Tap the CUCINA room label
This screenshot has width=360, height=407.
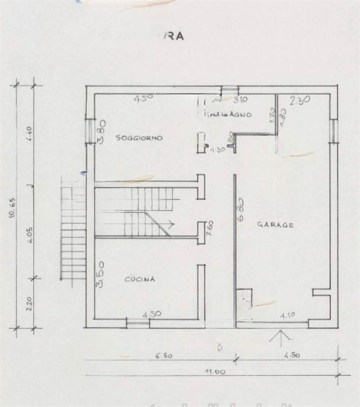click(x=140, y=279)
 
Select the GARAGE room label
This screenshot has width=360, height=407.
click(x=275, y=224)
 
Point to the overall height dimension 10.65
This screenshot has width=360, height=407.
click(x=12, y=208)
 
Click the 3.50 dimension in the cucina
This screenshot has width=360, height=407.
click(x=101, y=275)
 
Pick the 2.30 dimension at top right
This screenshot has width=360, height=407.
click(x=299, y=101)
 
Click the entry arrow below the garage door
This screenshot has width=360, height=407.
click(x=279, y=336)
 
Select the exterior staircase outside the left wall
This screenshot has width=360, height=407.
click(x=72, y=227)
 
